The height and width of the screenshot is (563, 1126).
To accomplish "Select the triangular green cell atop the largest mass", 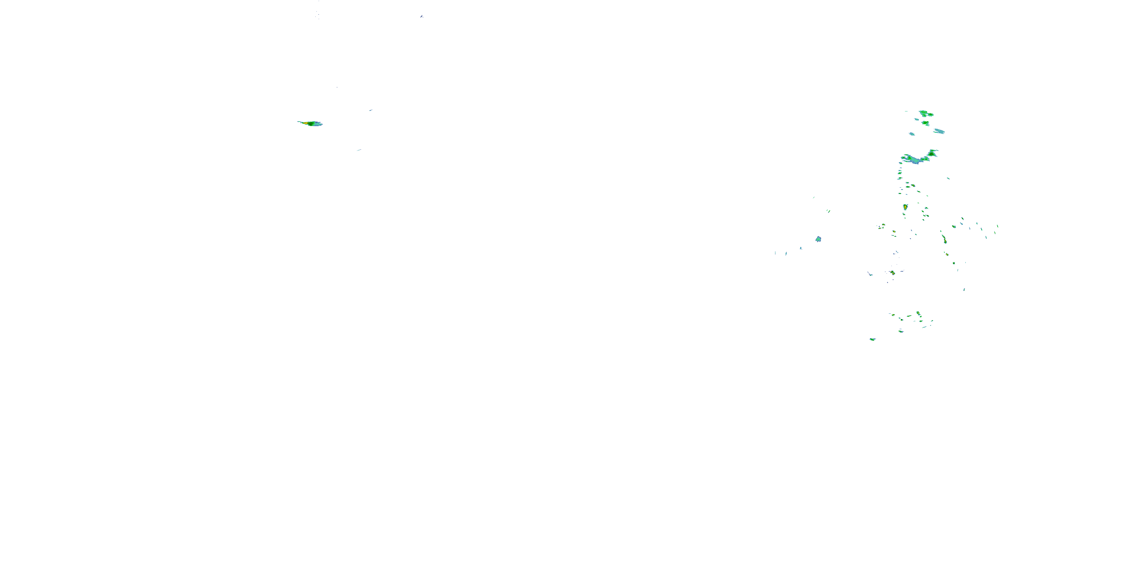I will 932,153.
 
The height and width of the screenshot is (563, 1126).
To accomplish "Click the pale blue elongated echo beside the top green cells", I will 939,131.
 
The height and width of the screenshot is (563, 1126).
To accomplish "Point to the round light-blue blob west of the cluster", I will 818,239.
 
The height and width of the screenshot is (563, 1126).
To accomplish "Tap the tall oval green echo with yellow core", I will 905,207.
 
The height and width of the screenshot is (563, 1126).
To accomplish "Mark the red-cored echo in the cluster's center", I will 892,273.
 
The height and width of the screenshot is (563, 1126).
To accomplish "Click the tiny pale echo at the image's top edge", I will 421,17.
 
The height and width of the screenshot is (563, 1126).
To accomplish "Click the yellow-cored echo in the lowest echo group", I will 918,314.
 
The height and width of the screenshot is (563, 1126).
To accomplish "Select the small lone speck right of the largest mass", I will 948,178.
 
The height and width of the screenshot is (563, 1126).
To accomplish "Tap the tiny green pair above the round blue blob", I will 828,211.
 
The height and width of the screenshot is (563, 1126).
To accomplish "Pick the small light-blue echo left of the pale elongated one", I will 911,134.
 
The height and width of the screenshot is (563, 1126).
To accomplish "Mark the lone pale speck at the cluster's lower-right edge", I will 964,289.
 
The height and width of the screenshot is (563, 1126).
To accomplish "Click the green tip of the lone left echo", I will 312,124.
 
